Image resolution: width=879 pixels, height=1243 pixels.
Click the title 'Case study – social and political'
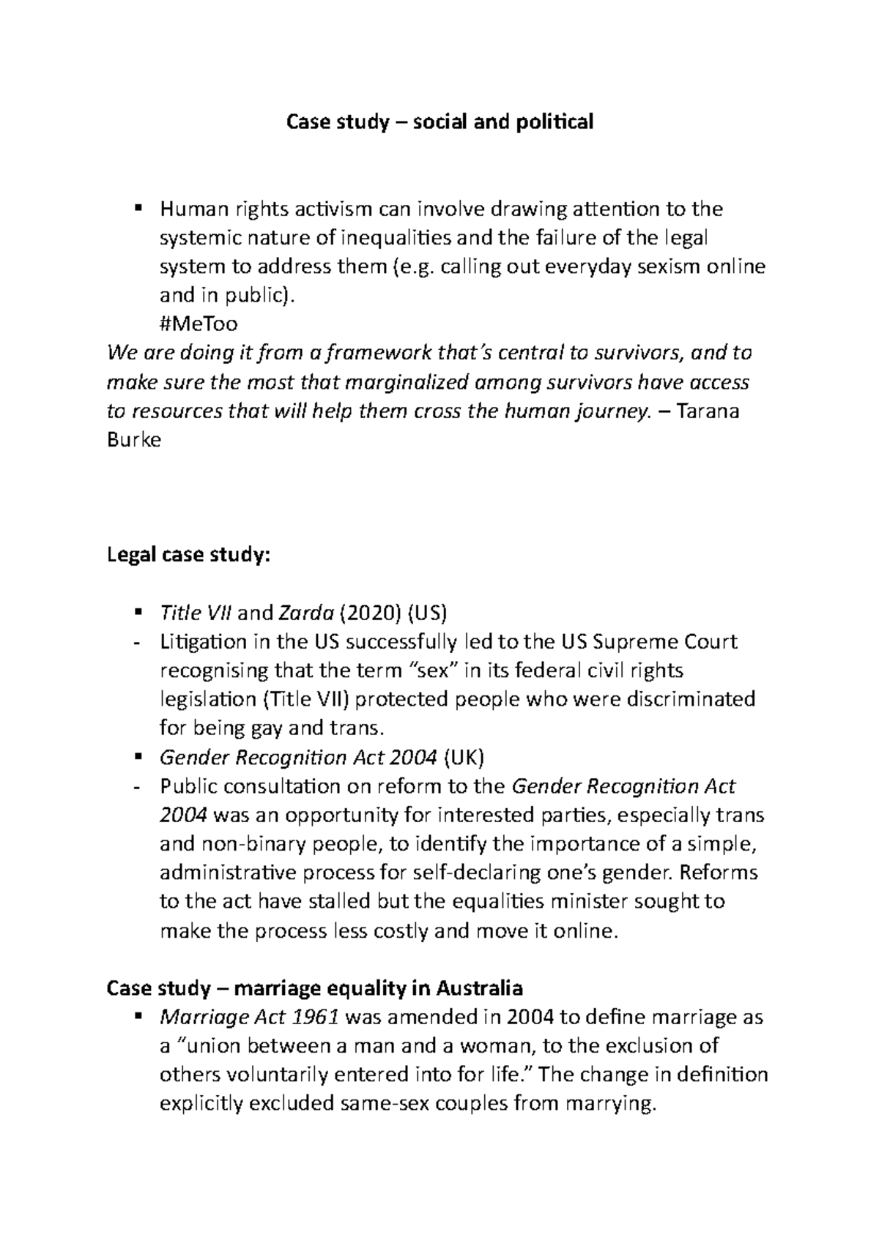click(439, 122)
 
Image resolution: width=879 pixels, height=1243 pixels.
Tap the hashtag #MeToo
click(199, 324)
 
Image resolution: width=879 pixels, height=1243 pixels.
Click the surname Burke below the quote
click(133, 440)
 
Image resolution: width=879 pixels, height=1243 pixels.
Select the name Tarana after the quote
click(709, 411)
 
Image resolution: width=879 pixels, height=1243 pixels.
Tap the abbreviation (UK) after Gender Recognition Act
click(464, 757)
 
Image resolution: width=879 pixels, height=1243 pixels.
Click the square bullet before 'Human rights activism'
click(137, 209)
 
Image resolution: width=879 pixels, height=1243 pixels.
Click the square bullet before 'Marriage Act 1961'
click(137, 1016)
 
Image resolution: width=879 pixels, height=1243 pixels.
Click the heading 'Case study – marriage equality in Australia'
click(314, 988)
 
